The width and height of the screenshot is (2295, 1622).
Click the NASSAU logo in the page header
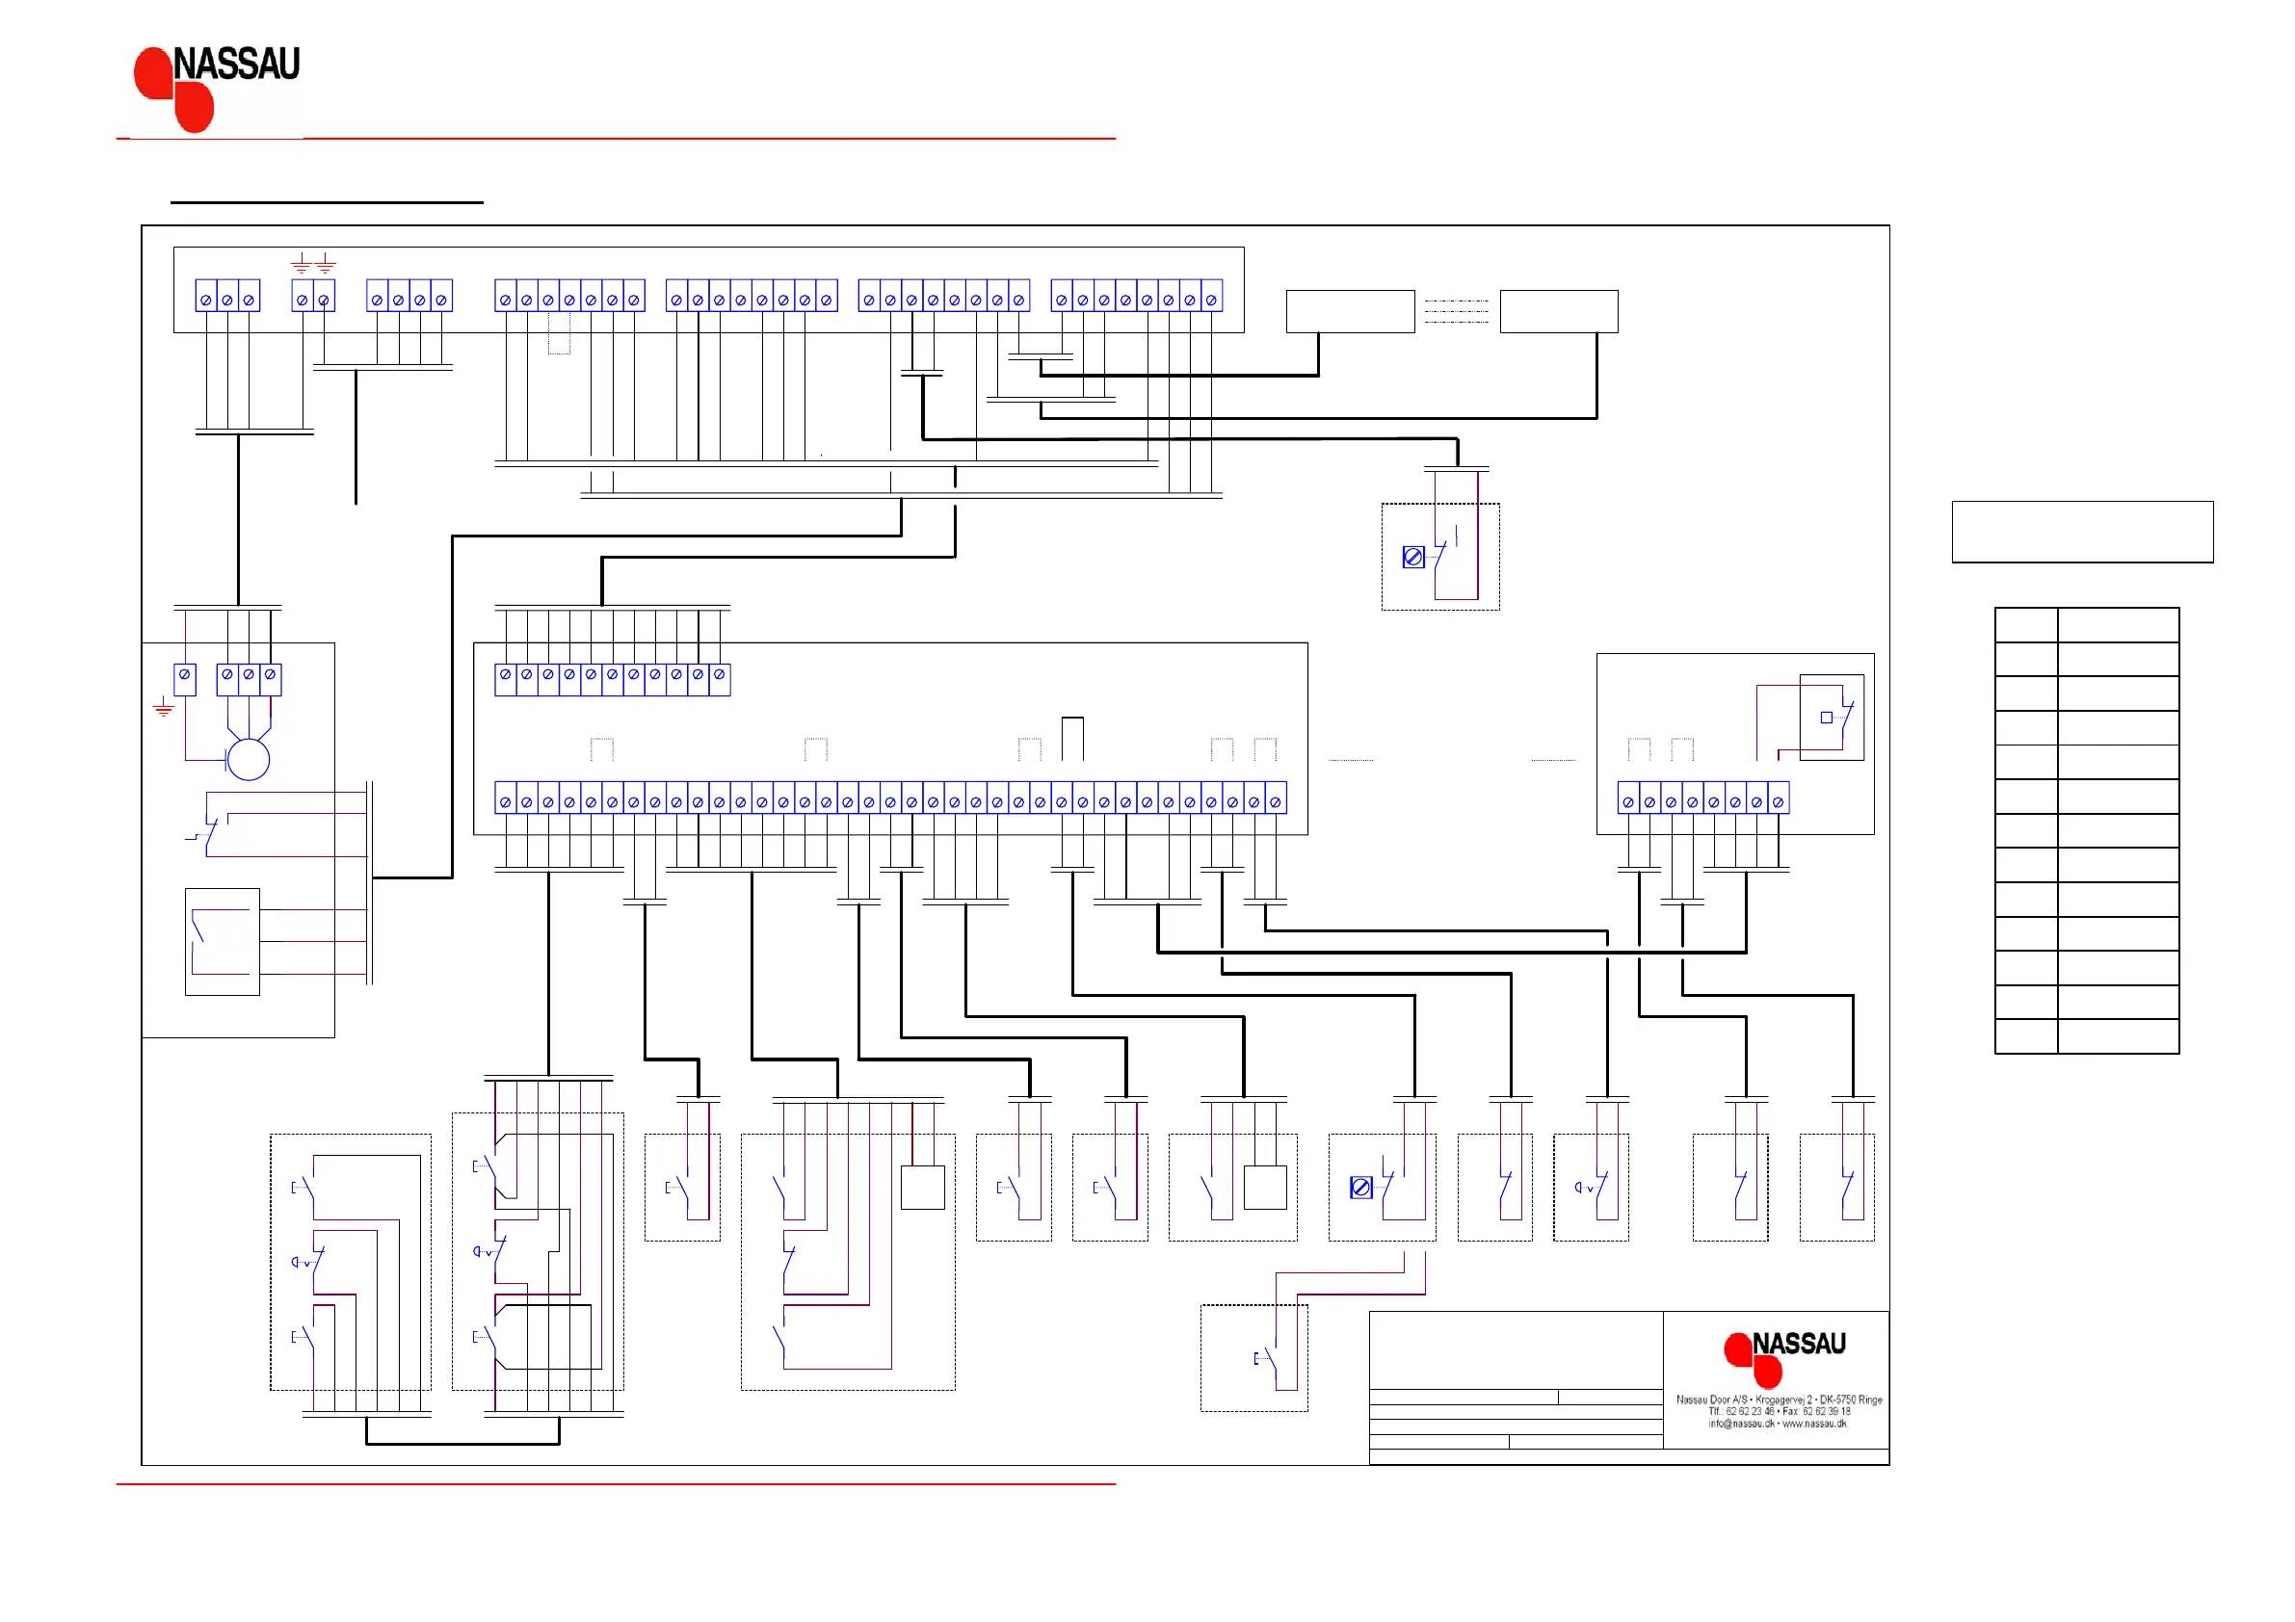[217, 88]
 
